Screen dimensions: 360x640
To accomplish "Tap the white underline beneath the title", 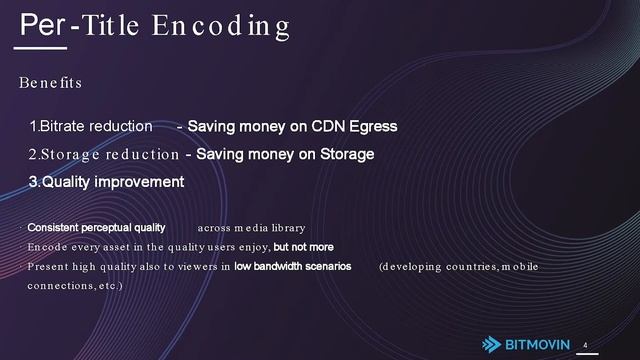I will (x=43, y=47).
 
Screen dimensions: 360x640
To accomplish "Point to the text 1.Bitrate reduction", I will (x=90, y=127).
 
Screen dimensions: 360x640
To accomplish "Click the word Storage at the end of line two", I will (x=343, y=155).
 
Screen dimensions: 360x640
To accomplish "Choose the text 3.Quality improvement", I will (x=106, y=182).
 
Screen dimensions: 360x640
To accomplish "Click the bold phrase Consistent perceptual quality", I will (x=96, y=228).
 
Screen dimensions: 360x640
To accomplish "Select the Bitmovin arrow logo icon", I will (x=492, y=343).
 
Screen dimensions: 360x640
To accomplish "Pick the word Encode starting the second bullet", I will (x=46, y=247).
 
